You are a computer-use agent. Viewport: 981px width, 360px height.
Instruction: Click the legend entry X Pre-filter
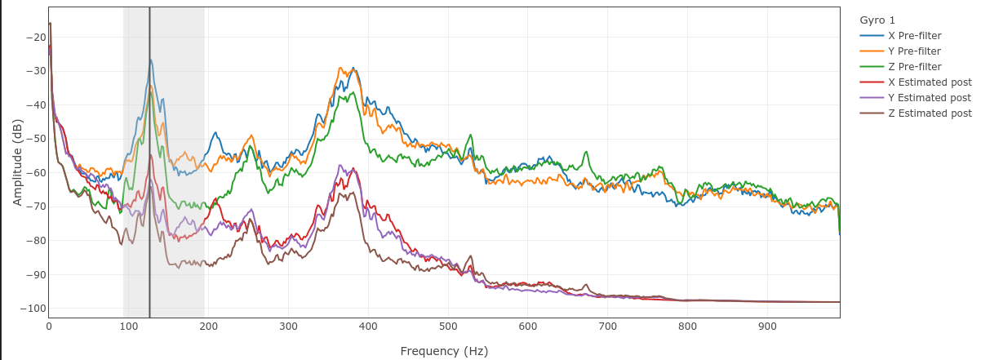click(x=914, y=36)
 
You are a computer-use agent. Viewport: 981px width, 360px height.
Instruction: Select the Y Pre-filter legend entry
click(x=914, y=51)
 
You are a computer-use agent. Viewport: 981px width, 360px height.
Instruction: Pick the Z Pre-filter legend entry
click(x=914, y=67)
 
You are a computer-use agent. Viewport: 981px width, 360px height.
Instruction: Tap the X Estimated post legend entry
click(x=930, y=82)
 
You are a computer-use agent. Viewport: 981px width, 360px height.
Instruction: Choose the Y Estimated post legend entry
click(x=930, y=98)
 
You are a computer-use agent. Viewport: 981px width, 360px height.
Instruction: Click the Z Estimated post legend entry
click(x=930, y=113)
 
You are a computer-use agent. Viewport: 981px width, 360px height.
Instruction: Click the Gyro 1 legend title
click(x=877, y=20)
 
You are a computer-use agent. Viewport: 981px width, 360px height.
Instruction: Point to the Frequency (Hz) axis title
click(x=444, y=351)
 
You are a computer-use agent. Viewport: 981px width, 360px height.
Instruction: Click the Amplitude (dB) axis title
click(x=17, y=162)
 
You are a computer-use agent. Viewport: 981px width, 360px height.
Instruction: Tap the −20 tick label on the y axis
click(x=35, y=38)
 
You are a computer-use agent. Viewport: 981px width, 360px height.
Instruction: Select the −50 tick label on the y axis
click(x=35, y=139)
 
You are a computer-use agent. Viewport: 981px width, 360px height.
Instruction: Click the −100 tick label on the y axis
click(x=33, y=309)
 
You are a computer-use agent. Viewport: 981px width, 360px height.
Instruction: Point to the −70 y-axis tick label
click(x=35, y=207)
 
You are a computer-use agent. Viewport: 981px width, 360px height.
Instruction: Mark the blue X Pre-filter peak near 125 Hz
click(x=150, y=60)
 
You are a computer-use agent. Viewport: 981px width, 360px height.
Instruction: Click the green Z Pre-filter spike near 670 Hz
click(x=584, y=153)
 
